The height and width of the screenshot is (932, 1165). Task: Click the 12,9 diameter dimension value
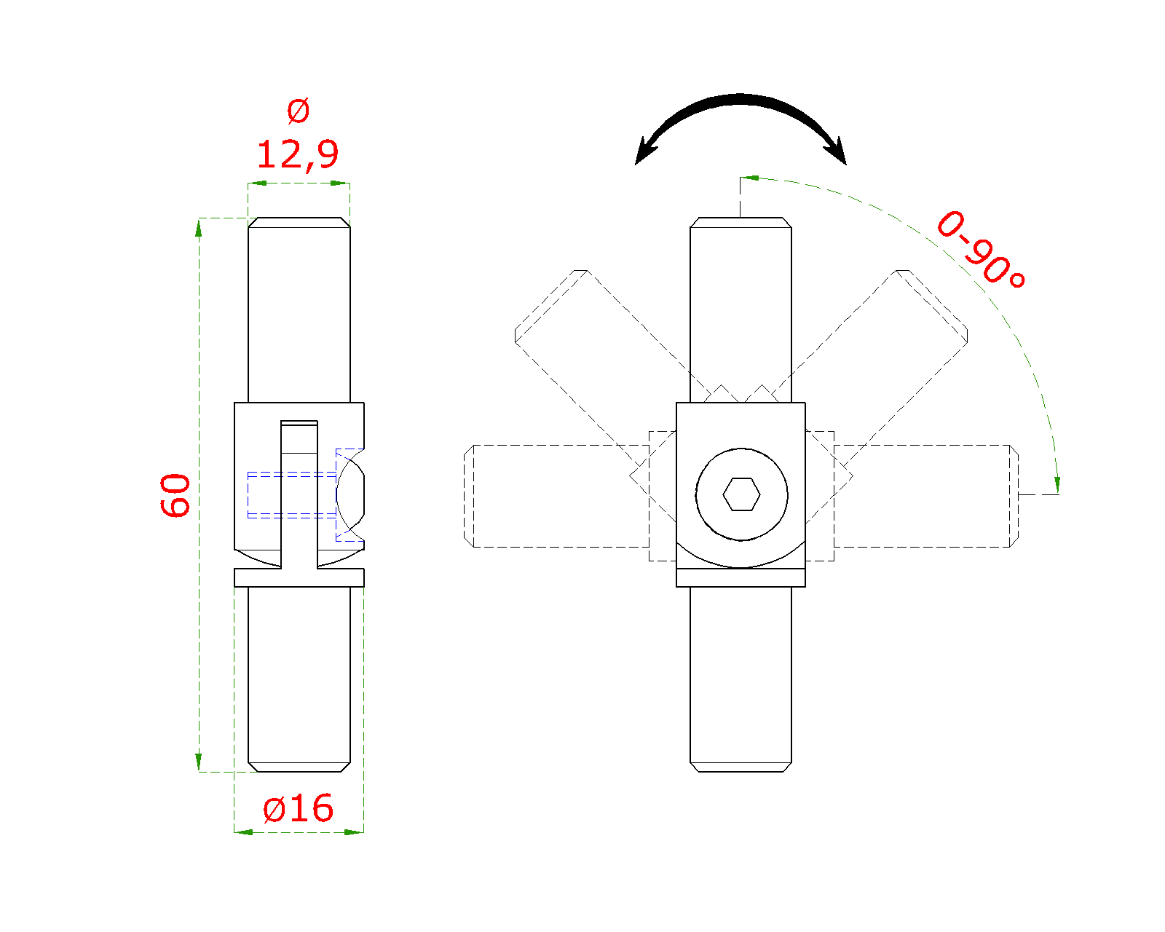(x=297, y=155)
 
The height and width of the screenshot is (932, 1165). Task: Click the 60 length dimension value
(x=175, y=495)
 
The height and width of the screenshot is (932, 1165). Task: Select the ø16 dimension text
(x=298, y=808)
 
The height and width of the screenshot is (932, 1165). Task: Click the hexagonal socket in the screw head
(x=741, y=494)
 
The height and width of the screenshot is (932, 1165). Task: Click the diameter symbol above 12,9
(x=298, y=111)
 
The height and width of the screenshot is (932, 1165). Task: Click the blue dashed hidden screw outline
(x=306, y=495)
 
